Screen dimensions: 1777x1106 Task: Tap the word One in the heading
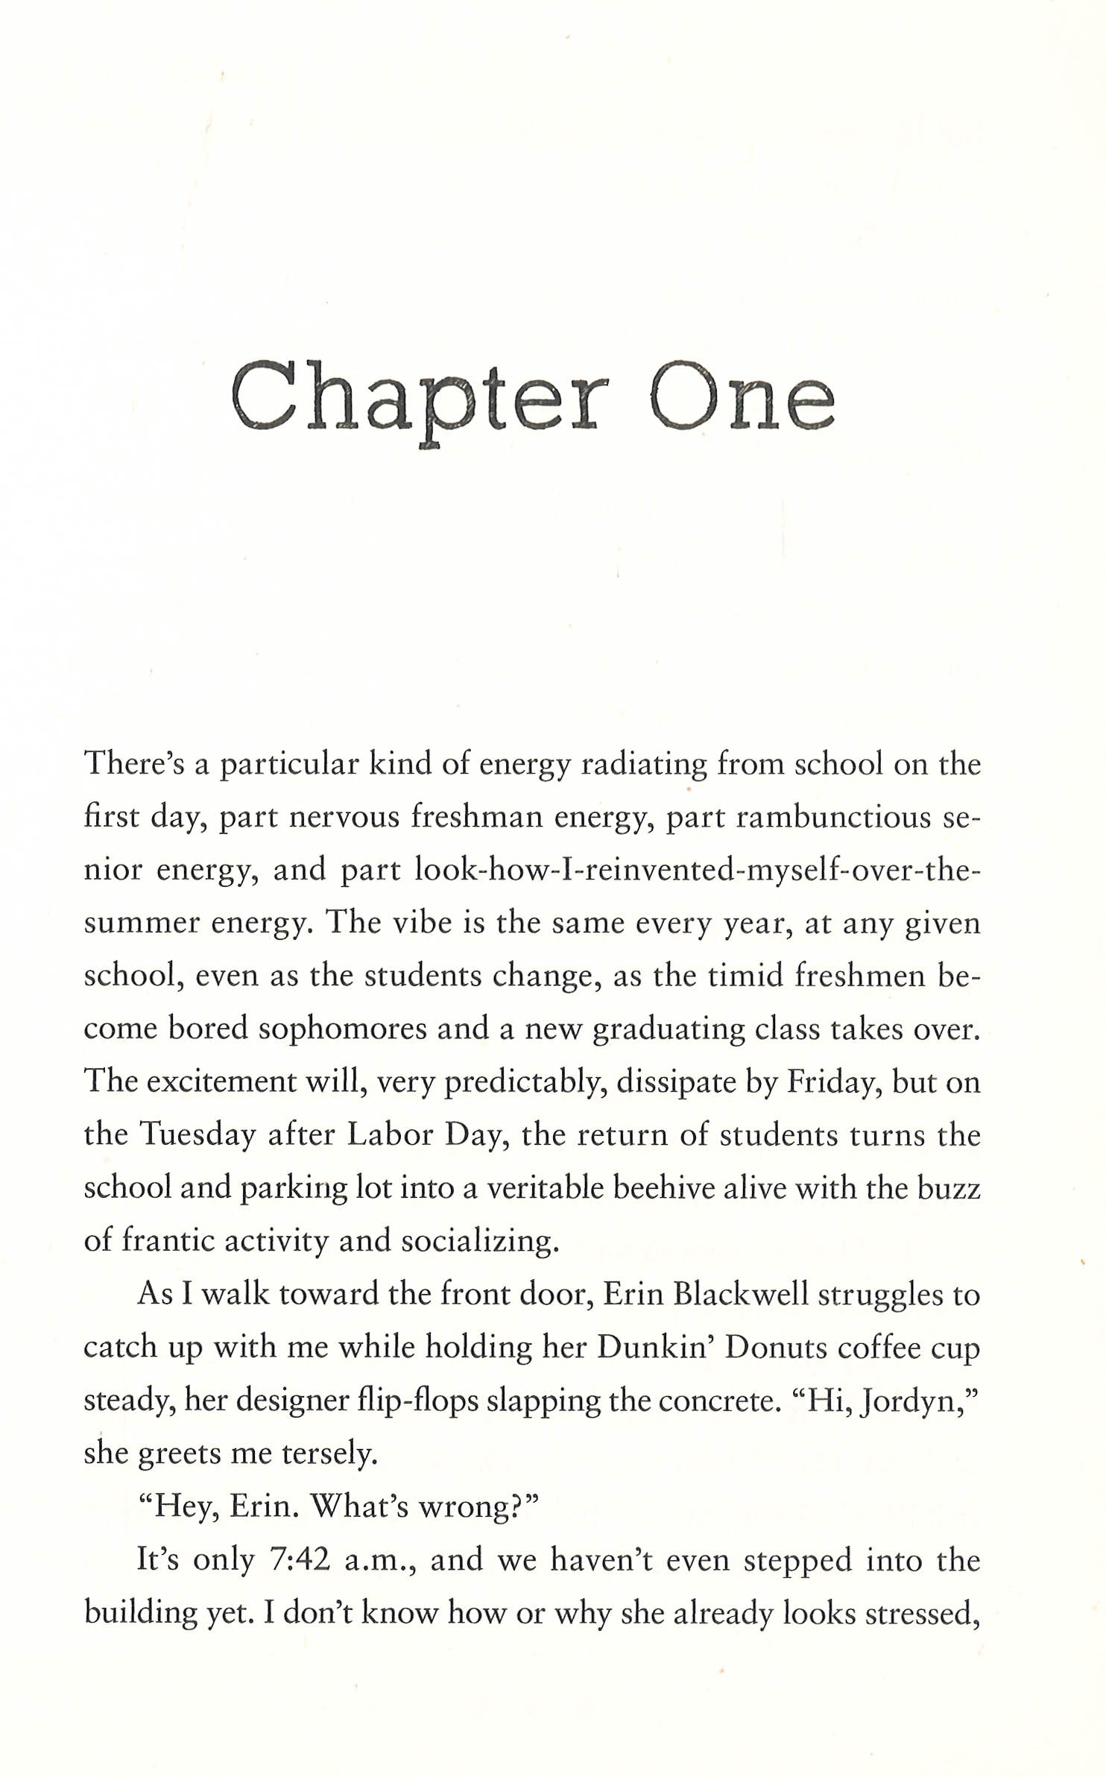pyautogui.click(x=742, y=398)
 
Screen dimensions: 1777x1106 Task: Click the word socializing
pyautogui.click(x=479, y=1241)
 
